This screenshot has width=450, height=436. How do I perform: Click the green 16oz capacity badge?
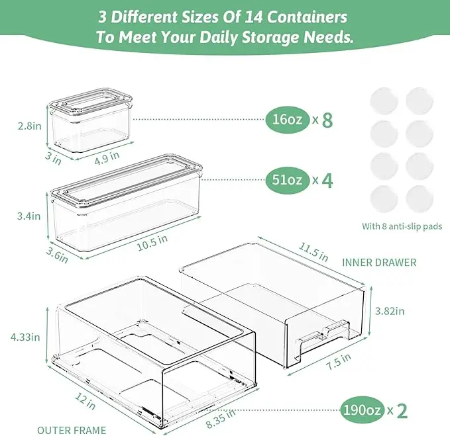(x=287, y=119)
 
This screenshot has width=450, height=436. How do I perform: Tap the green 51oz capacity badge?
(x=287, y=180)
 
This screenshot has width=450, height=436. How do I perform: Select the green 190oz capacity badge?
(x=362, y=410)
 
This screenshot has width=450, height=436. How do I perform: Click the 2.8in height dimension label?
(x=30, y=126)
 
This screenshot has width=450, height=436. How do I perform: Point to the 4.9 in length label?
(x=107, y=158)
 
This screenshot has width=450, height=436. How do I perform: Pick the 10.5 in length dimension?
(x=152, y=243)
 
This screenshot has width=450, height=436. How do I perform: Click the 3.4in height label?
(x=28, y=216)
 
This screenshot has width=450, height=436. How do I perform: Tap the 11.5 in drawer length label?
(x=313, y=252)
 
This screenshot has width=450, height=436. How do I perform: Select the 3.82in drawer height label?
(x=390, y=311)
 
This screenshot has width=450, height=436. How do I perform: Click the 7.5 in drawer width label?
(x=339, y=361)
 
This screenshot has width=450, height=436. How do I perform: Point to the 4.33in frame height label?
(x=25, y=337)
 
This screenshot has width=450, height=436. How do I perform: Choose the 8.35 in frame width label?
(x=221, y=419)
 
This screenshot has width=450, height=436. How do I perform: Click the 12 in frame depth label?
(x=85, y=401)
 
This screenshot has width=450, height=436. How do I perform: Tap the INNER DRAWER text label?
(x=379, y=263)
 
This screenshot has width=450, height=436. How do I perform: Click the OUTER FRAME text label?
(x=72, y=430)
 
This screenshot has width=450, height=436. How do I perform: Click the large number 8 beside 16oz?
(x=327, y=120)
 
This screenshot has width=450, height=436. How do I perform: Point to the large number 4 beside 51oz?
(x=327, y=181)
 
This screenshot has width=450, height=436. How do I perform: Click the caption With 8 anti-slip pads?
(x=402, y=226)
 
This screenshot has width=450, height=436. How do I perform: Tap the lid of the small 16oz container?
(x=90, y=102)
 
